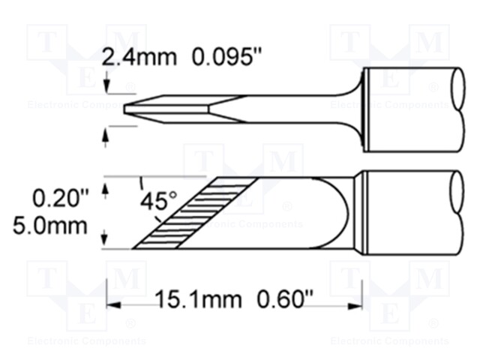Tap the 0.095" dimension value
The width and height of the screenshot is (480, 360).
[205, 56]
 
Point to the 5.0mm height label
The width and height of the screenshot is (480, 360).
[58, 225]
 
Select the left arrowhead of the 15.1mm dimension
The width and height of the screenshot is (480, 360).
[112, 304]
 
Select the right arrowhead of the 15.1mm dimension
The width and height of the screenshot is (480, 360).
[358, 304]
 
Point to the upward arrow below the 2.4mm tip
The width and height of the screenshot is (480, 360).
[106, 133]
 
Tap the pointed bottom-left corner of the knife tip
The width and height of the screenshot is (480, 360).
[133, 247]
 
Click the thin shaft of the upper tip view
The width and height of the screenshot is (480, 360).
[285, 103]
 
